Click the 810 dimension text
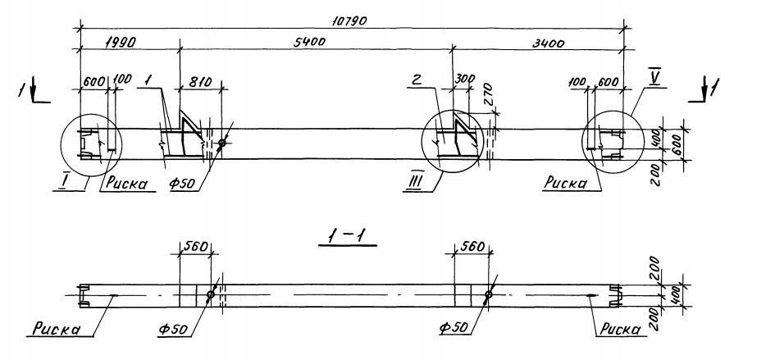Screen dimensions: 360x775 200,81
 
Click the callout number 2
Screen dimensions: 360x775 417,81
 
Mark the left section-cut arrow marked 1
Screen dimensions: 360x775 34,93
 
